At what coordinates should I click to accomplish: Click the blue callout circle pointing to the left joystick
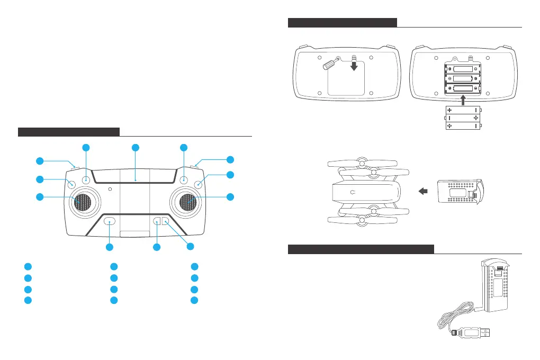tap(40, 197)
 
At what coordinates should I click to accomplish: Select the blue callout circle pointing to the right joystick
tap(230, 197)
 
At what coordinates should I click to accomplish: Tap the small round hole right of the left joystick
tap(110, 189)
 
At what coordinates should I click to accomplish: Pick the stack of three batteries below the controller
tap(463, 118)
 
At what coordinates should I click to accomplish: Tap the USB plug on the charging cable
tap(473, 333)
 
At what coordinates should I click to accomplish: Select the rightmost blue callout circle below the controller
tap(190, 246)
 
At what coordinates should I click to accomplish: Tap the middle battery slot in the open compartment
tap(463, 80)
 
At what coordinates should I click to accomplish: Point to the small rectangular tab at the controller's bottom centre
tap(134, 233)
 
